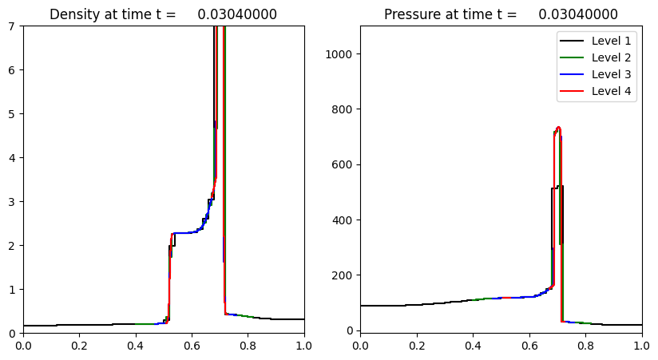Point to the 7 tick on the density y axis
click(13, 26)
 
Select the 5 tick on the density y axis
click(13, 114)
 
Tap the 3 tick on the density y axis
click(13, 201)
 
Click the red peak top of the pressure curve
click(558, 127)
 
